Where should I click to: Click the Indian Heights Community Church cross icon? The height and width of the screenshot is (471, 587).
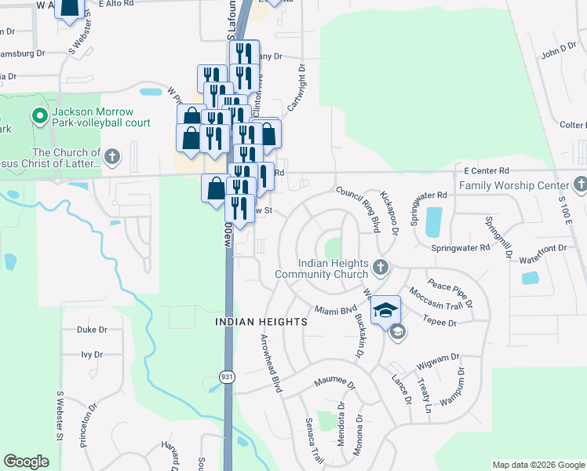[381, 268]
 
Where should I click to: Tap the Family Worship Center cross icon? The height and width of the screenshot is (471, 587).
[580, 186]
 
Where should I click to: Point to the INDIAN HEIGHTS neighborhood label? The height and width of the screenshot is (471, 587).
[249, 322]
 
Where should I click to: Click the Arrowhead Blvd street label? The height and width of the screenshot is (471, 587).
[271, 362]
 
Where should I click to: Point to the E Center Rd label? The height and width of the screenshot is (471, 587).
[487, 170]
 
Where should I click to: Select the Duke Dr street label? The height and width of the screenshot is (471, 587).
[91, 330]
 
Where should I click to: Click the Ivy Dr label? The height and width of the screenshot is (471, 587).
[92, 355]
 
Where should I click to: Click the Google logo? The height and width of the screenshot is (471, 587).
[27, 462]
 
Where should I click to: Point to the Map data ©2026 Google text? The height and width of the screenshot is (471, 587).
[538, 465]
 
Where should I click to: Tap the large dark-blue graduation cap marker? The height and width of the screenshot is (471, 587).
[386, 309]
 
